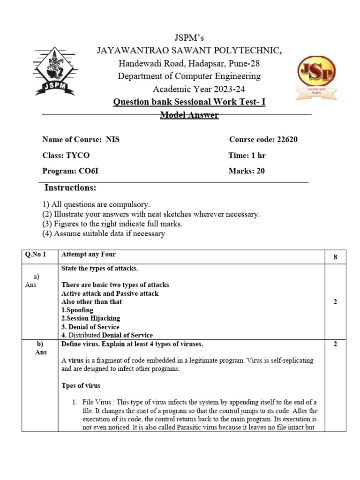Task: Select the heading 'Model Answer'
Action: click(189, 115)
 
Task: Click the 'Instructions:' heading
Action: click(70, 188)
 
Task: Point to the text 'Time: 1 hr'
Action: click(247, 156)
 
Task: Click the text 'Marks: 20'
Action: click(247, 171)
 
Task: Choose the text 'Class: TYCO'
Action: click(66, 156)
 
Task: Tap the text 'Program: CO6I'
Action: click(70, 171)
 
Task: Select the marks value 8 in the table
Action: click(335, 257)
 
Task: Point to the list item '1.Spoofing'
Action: click(77, 310)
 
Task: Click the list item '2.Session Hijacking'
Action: click(90, 318)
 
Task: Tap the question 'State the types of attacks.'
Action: click(99, 268)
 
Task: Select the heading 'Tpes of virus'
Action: click(81, 386)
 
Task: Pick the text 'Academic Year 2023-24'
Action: click(199, 89)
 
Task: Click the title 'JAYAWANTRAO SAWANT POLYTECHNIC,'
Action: click(189, 51)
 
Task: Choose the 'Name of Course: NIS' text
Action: click(81, 140)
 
